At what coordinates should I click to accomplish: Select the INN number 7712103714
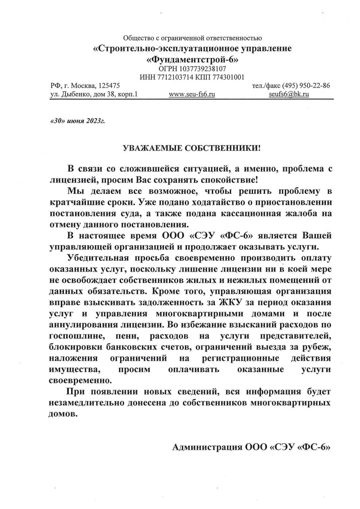tap(172, 77)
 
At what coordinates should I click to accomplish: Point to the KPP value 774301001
tap(227, 77)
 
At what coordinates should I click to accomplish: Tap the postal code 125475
tap(109, 85)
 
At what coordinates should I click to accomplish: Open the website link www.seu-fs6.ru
tap(192, 94)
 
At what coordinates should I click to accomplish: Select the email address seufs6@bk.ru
tap(289, 94)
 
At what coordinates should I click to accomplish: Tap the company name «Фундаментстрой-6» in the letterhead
tap(192, 59)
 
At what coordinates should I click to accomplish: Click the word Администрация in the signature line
tap(203, 447)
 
